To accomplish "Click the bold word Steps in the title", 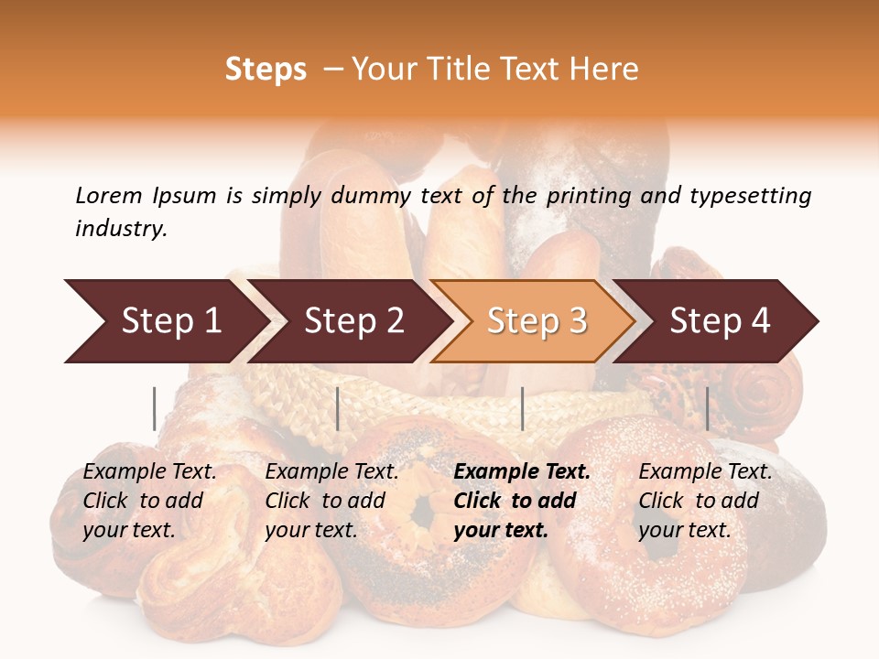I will tap(266, 70).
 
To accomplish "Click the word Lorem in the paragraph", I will tap(109, 195).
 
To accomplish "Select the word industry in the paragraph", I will tap(121, 229).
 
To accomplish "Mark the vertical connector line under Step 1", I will tap(155, 408).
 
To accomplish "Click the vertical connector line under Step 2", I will tap(338, 408).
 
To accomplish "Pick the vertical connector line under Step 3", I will tap(522, 408).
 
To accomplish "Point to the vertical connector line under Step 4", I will tap(707, 408).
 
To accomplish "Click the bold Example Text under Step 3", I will tap(522, 472).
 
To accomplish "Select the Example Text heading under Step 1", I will tap(149, 472).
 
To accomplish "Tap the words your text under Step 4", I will tap(684, 530).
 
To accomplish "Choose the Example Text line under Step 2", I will tap(331, 472).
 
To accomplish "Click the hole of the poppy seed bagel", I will tap(422, 511).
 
